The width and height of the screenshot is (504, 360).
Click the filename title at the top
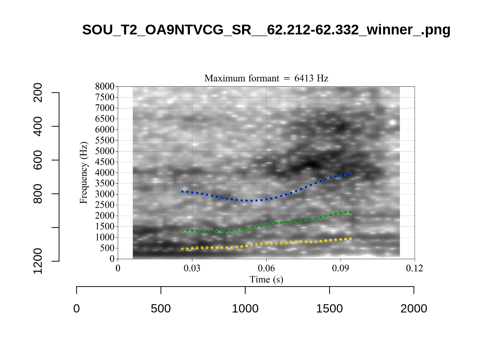point(266,30)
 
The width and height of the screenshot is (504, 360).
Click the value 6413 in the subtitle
point(303,78)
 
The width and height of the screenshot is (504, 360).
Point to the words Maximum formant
point(241,78)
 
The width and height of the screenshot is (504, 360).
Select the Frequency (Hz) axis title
point(83,172)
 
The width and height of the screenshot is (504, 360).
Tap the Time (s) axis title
point(266,279)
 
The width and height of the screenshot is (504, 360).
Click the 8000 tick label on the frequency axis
point(105,87)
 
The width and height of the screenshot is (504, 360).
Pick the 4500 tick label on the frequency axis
point(105,162)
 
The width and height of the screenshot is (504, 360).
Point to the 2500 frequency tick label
point(105,205)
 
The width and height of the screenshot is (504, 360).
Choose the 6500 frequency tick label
point(105,119)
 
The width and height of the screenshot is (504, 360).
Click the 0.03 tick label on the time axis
point(192,268)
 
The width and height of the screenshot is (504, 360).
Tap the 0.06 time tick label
point(266,268)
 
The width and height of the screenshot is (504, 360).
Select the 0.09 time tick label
point(340,268)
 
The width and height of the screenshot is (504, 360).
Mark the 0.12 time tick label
point(414,268)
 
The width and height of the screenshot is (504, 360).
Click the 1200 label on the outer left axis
point(38,261)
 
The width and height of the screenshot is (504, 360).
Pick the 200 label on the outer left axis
point(38,93)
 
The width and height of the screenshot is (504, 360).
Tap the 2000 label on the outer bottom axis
point(414,309)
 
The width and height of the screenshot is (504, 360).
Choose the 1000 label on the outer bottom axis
point(245,309)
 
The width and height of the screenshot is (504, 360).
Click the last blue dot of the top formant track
point(350,175)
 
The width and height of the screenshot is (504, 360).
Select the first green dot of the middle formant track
point(182,230)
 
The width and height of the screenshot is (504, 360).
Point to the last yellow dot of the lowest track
point(350,239)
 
